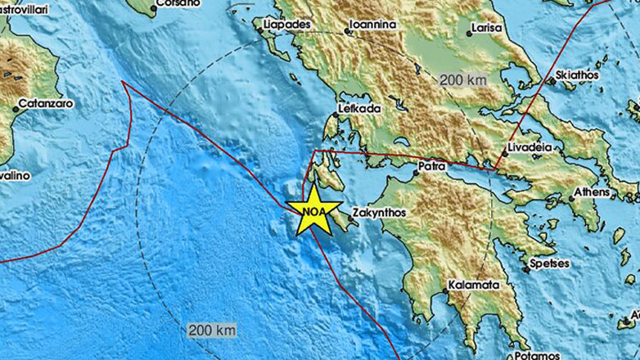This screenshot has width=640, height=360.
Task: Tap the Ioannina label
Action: pyautogui.click(x=372, y=25)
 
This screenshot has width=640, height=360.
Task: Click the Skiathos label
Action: pyautogui.click(x=577, y=74)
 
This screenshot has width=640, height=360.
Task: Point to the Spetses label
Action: pyautogui.click(x=550, y=264)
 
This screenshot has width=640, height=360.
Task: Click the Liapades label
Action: pyautogui.click(x=286, y=25)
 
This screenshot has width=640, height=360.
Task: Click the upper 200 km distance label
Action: pyautogui.click(x=463, y=80)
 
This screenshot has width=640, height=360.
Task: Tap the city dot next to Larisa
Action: pyautogui.click(x=470, y=34)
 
